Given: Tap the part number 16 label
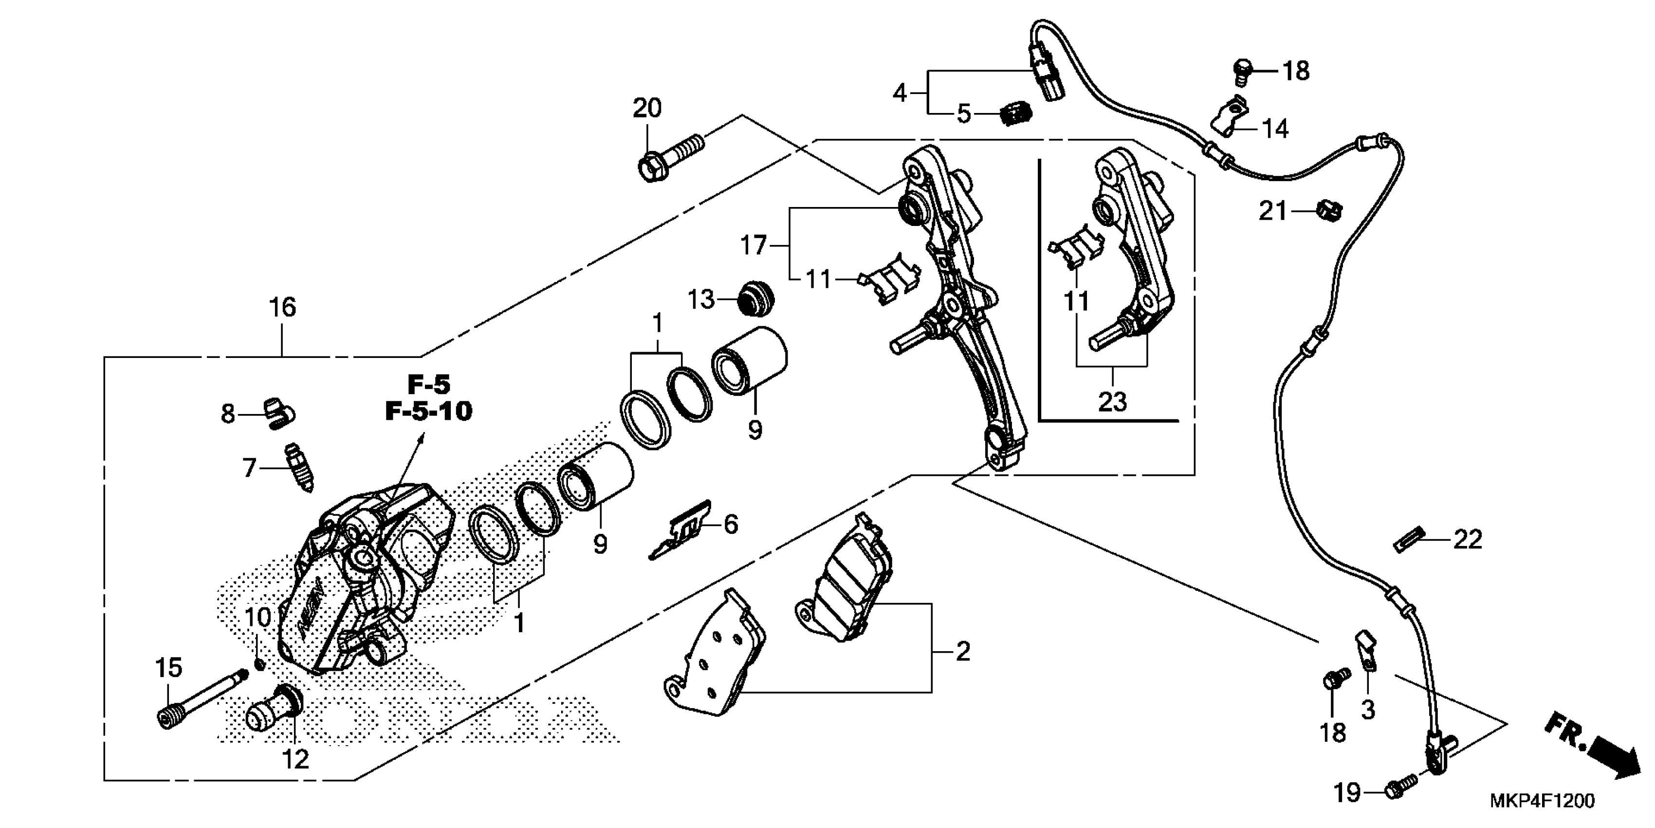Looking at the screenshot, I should (283, 308).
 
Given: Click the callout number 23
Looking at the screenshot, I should (1112, 402).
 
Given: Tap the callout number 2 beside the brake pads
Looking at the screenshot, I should (962, 652).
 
